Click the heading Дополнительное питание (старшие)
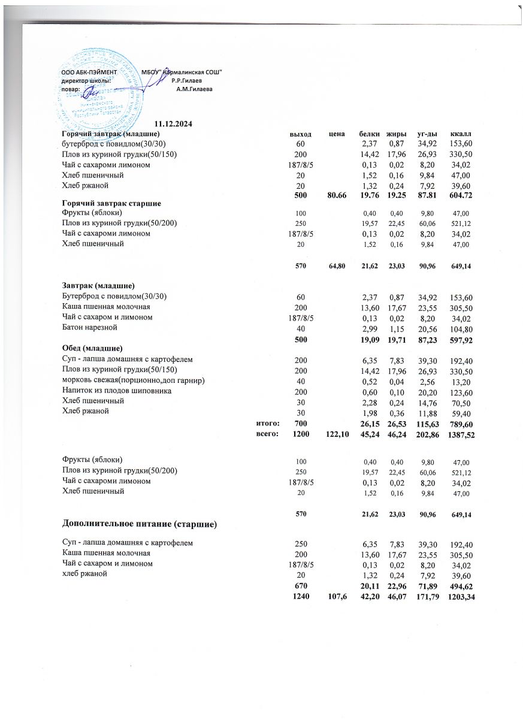tap(139, 525)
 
